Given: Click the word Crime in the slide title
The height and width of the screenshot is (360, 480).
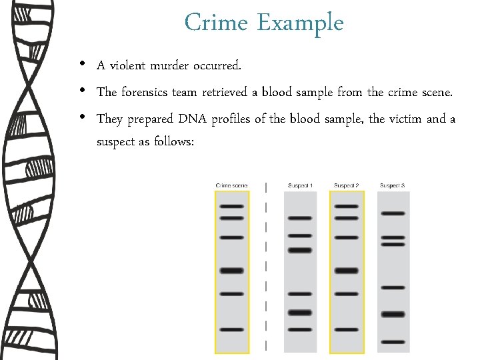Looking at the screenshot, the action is click(x=217, y=23).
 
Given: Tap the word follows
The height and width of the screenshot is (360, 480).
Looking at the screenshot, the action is click(x=173, y=141).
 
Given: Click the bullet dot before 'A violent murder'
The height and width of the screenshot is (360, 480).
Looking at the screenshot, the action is click(x=81, y=65).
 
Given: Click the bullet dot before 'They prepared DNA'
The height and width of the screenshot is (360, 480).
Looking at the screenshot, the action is click(x=81, y=118).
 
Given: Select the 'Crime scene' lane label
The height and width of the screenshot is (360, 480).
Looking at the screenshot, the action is click(x=231, y=185).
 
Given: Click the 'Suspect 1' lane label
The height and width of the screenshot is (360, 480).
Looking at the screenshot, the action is click(x=300, y=185).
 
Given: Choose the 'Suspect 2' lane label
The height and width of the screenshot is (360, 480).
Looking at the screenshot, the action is click(x=347, y=185).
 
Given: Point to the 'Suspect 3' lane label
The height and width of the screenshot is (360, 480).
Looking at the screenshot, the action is click(x=393, y=185).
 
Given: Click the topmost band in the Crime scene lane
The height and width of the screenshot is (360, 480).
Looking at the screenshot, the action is click(x=231, y=207).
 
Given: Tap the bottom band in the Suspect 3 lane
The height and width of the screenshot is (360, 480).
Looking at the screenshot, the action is click(x=393, y=341).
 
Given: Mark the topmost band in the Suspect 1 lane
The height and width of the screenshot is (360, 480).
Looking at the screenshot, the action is click(x=300, y=218).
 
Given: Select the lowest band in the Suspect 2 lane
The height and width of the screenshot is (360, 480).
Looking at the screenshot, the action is click(x=347, y=329).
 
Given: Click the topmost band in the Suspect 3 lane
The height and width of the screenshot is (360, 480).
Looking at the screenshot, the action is click(x=393, y=213).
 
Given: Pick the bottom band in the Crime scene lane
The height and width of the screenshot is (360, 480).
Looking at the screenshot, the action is click(x=231, y=329).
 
